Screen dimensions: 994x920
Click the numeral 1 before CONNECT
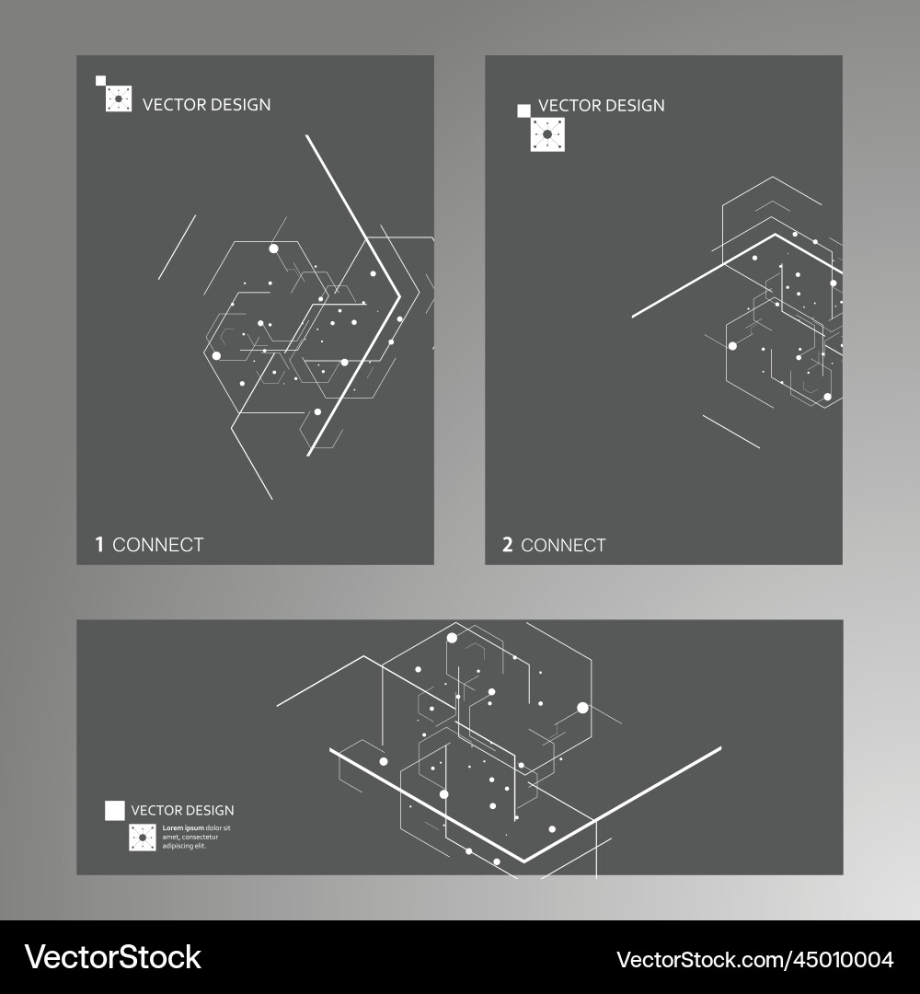(x=99, y=545)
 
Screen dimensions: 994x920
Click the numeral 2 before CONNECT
(x=507, y=545)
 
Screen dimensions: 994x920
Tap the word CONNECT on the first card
(x=157, y=545)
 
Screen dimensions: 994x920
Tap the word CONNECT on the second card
(x=563, y=545)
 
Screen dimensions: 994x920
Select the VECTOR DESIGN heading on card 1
(x=206, y=105)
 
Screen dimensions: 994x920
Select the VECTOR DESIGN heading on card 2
(x=601, y=106)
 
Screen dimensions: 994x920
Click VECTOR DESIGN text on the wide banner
(x=182, y=811)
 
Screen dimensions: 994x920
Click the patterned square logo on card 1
(x=119, y=98)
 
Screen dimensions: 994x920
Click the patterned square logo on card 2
(x=547, y=135)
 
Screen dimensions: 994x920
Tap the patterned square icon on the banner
(x=143, y=838)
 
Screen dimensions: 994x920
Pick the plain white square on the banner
(x=114, y=810)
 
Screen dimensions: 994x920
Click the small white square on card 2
(x=523, y=111)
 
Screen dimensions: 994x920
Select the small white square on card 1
(x=100, y=81)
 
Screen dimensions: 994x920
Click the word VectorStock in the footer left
(x=113, y=957)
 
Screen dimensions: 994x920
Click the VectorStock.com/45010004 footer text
(x=754, y=959)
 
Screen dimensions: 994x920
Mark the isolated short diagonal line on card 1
(x=177, y=247)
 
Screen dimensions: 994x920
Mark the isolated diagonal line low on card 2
(x=731, y=432)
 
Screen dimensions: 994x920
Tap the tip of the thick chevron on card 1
(x=398, y=296)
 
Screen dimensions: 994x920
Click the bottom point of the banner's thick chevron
(x=524, y=861)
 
